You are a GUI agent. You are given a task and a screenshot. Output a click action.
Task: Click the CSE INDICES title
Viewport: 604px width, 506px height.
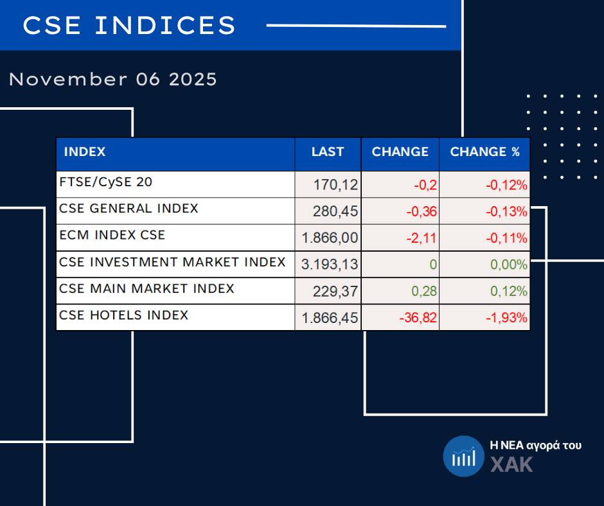[x=129, y=26]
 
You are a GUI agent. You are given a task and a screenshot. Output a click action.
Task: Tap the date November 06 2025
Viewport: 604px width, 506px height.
[x=113, y=80]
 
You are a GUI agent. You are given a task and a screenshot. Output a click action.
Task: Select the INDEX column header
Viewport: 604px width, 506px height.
[x=85, y=153]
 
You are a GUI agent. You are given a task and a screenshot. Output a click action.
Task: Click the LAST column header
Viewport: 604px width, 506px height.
[x=328, y=153]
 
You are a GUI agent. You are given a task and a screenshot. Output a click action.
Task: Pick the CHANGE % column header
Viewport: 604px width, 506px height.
[x=484, y=153]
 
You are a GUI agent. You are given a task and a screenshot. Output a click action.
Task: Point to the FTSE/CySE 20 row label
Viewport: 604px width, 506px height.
[x=106, y=182]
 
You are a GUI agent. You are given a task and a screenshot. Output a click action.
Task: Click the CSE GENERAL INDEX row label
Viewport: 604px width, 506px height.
[x=129, y=209]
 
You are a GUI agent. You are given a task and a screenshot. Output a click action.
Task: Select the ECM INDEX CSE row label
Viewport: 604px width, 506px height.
[x=112, y=236]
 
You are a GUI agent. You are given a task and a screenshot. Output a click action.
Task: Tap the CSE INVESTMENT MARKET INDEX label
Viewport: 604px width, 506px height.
[x=172, y=262]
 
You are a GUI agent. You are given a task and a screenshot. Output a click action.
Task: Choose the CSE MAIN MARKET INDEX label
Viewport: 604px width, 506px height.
[x=147, y=289]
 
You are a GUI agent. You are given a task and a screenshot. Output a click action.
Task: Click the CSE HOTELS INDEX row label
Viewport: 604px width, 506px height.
[x=123, y=315]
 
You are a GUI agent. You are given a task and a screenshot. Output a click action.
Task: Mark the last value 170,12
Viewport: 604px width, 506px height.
[x=335, y=186]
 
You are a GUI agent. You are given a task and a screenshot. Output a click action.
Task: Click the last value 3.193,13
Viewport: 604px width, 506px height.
[x=330, y=265]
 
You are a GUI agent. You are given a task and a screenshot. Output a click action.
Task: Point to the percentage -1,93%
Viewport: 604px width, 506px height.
[x=506, y=318]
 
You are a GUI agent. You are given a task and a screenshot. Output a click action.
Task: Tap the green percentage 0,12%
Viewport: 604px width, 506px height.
[x=509, y=292]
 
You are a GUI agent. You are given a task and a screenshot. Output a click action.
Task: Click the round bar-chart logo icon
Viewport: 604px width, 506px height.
[x=464, y=457]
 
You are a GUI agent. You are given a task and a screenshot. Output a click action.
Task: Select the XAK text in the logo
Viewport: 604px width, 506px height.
[x=511, y=464]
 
